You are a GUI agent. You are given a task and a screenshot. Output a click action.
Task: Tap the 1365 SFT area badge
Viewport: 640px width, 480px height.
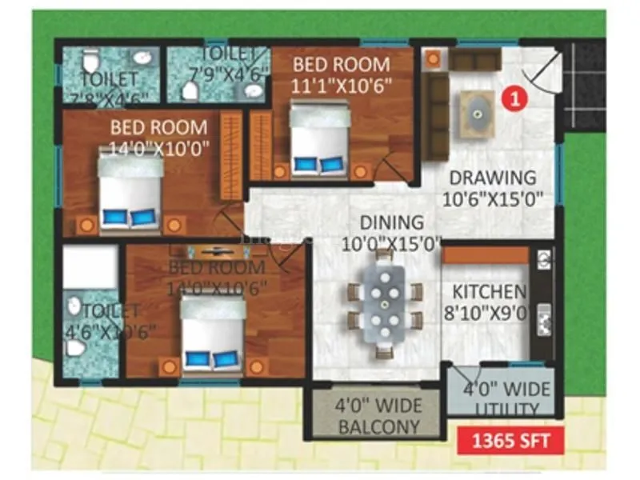coord(509,438)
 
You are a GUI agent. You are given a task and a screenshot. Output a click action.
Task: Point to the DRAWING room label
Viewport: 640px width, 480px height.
coord(492,178)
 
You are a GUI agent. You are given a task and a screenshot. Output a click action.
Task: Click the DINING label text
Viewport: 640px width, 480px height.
coord(390,222)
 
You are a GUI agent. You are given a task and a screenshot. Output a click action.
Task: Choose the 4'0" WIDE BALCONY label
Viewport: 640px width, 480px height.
coord(378,415)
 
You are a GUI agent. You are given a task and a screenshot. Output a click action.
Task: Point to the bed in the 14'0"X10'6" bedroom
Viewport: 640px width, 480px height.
coord(213,334)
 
